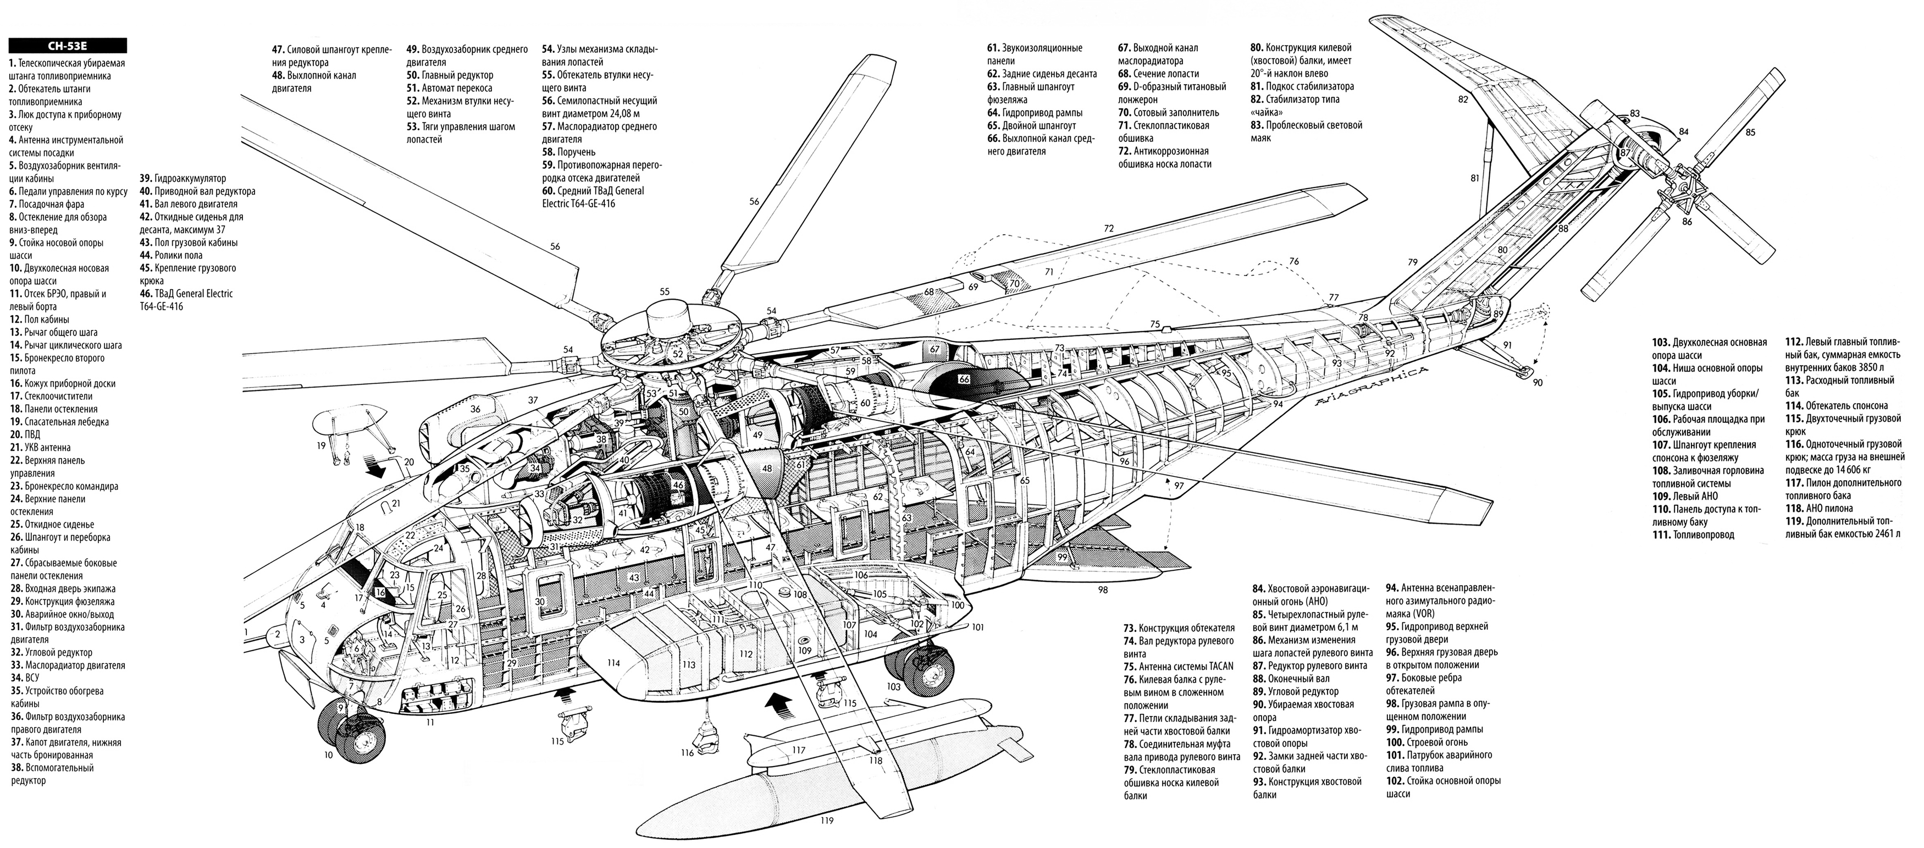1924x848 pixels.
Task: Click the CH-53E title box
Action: pyautogui.click(x=67, y=46)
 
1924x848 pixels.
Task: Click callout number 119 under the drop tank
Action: pyautogui.click(x=825, y=823)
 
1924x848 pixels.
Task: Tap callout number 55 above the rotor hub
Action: pyautogui.click(x=664, y=292)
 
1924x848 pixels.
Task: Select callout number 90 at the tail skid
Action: pyautogui.click(x=1536, y=383)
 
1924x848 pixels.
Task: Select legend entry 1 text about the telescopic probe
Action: pyautogui.click(x=67, y=69)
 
